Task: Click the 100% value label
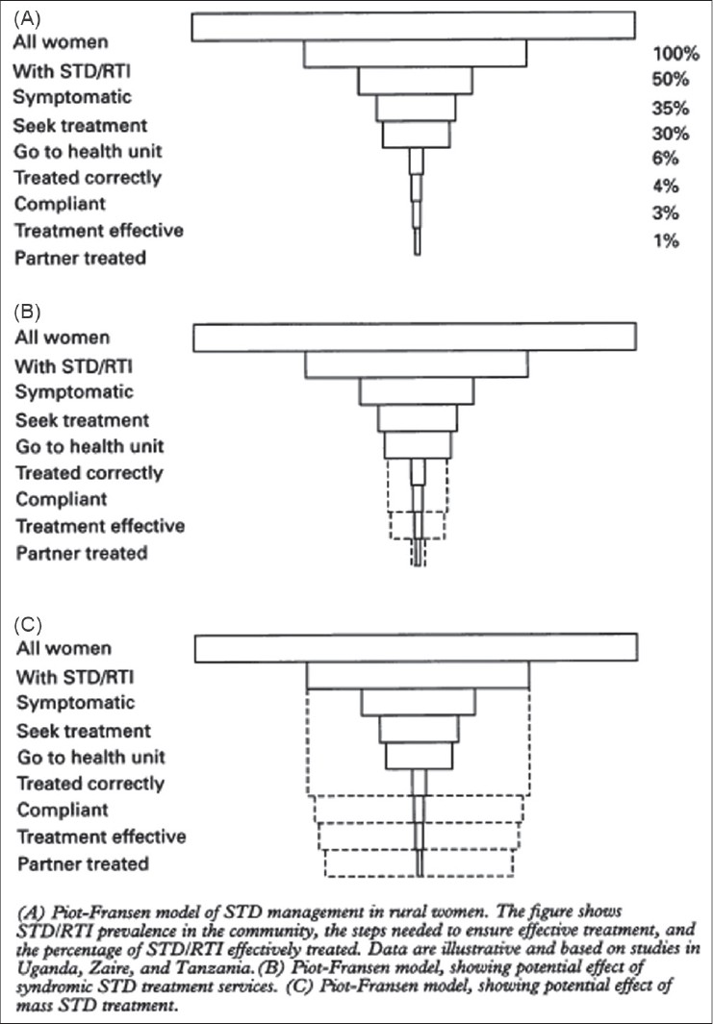[675, 53]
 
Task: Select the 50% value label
[671, 80]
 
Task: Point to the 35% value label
[671, 108]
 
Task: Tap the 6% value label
[666, 159]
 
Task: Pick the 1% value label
[666, 241]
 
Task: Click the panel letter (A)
[27, 18]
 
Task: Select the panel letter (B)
[27, 312]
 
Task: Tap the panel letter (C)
[28, 625]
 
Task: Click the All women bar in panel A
[413, 26]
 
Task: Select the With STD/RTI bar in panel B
[417, 364]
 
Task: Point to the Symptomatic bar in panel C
[419, 702]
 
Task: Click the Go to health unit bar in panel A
[417, 135]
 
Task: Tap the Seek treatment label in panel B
[83, 420]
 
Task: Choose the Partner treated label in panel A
[81, 258]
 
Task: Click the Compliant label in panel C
[63, 810]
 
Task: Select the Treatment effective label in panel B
[100, 526]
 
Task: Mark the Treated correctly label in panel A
[88, 178]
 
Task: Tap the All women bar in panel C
[417, 648]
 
